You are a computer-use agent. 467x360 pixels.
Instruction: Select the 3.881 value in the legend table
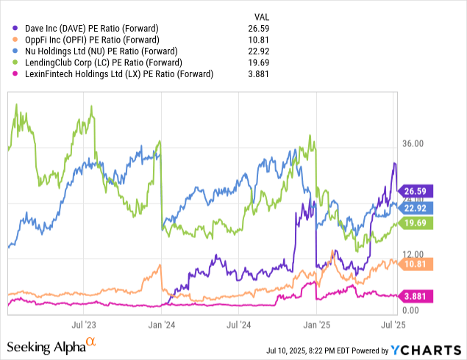(x=263, y=74)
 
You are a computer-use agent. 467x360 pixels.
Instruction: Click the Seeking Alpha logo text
(x=46, y=345)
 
